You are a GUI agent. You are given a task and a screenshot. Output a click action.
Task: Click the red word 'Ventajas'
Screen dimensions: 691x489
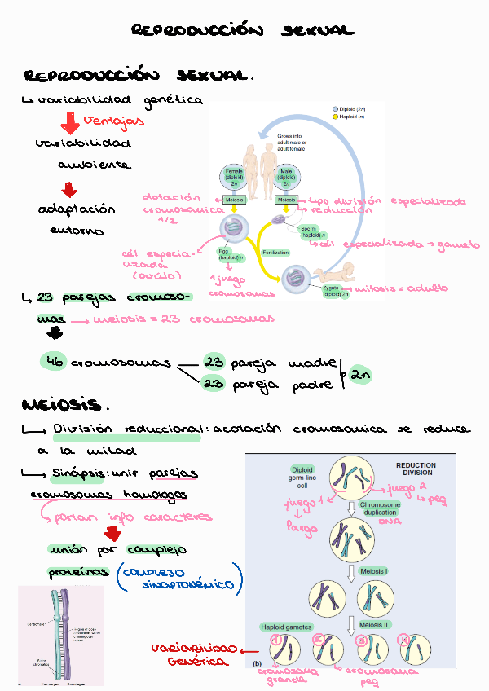pos(114,121)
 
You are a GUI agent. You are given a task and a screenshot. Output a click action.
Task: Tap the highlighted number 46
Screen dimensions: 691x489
pos(55,362)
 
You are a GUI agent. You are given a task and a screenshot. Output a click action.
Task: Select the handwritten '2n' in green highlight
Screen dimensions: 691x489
pos(362,375)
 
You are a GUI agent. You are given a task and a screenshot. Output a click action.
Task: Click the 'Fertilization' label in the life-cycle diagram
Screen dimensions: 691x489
pos(276,253)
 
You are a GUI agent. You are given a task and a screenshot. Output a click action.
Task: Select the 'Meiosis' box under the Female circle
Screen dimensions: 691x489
pos(234,200)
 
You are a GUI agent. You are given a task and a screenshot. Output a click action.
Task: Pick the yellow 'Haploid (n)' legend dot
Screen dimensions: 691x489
pos(334,117)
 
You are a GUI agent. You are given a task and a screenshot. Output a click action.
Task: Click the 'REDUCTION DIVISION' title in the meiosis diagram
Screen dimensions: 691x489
pos(416,469)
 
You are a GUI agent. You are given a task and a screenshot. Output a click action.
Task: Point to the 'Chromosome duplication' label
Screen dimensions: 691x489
pos(380,509)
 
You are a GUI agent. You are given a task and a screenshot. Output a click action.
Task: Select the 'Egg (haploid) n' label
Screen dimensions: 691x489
pos(231,253)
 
